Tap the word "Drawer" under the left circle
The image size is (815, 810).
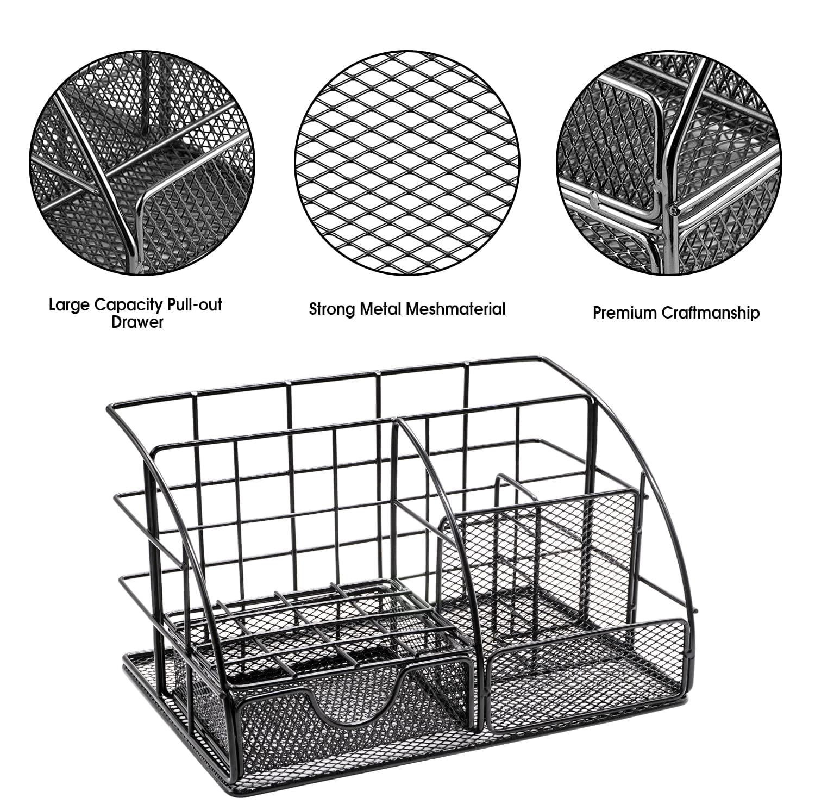(x=137, y=322)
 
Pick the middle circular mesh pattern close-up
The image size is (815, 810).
(x=407, y=161)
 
